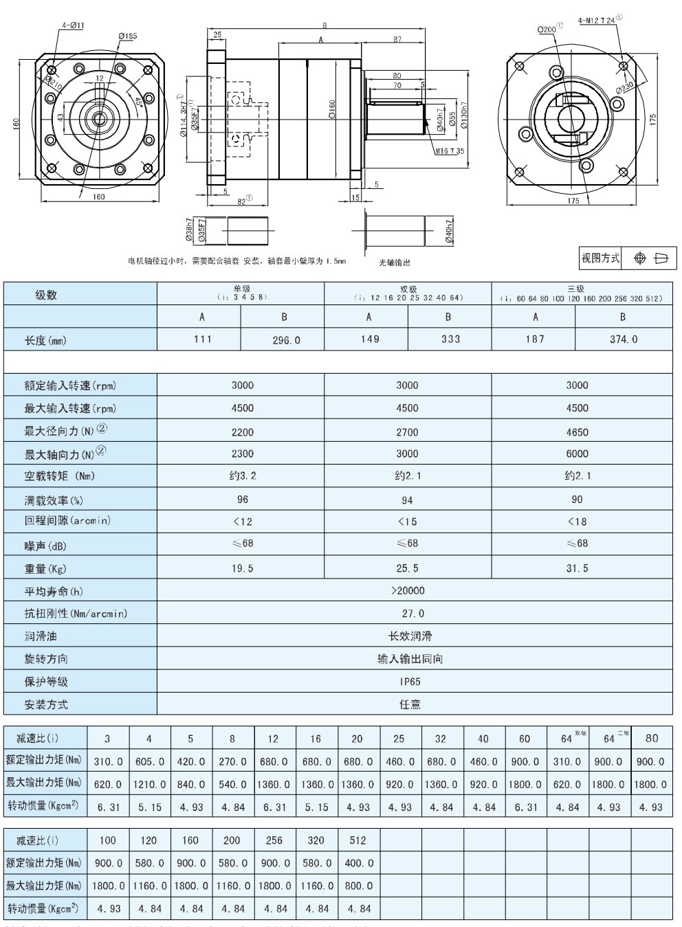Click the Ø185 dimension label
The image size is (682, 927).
(x=127, y=35)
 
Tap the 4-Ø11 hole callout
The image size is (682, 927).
(x=73, y=25)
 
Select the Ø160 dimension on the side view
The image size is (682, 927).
(x=332, y=109)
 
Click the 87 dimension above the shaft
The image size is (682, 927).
(x=397, y=40)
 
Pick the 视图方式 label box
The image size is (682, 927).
(x=600, y=258)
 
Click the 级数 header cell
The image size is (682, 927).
(x=46, y=295)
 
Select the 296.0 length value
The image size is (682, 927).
(x=284, y=339)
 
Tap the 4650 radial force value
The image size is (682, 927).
(x=577, y=432)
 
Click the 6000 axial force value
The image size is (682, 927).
(x=577, y=454)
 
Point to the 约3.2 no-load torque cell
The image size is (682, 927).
(x=242, y=476)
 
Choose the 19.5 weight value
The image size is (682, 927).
(x=242, y=568)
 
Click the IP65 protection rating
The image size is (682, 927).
(x=410, y=682)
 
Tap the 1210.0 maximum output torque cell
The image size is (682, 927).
(x=149, y=784)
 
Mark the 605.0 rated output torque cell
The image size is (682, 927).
(x=149, y=761)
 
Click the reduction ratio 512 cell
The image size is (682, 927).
(x=357, y=840)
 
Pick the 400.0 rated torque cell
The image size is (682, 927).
(x=357, y=863)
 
